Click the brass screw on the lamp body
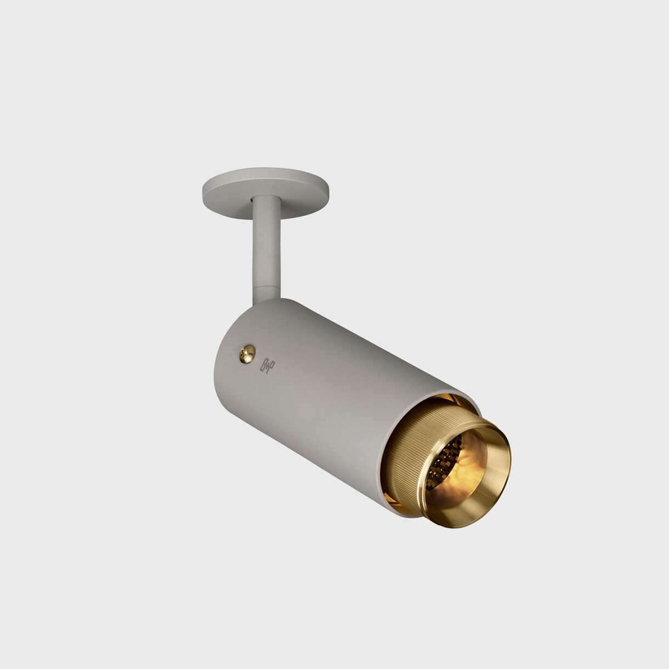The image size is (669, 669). (x=247, y=354)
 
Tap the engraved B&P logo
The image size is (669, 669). (x=267, y=365)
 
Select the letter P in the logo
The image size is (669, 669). (x=271, y=363)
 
